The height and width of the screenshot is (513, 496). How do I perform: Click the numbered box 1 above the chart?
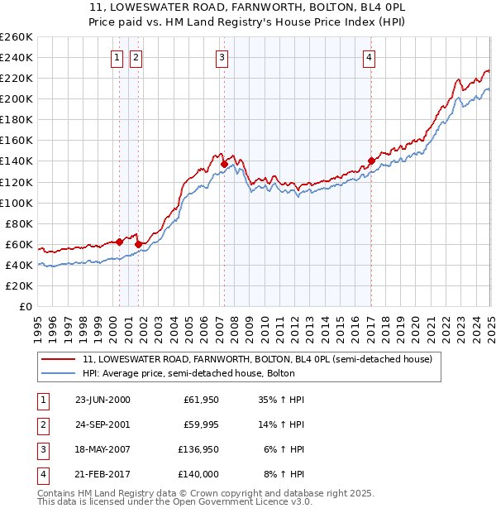(117, 57)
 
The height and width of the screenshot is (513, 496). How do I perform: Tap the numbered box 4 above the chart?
(369, 57)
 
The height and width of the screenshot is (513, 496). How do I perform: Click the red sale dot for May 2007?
(224, 165)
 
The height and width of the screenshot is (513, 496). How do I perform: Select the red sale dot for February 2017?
(371, 161)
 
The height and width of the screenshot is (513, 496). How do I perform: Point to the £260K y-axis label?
(16, 37)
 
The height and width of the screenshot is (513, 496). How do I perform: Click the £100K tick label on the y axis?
(16, 203)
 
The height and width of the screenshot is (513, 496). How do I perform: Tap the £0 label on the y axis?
(25, 306)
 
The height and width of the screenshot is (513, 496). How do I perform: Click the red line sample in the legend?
(58, 359)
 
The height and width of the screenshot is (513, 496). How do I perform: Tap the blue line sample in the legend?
(58, 374)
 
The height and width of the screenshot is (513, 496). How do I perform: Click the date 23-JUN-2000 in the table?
(103, 399)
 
